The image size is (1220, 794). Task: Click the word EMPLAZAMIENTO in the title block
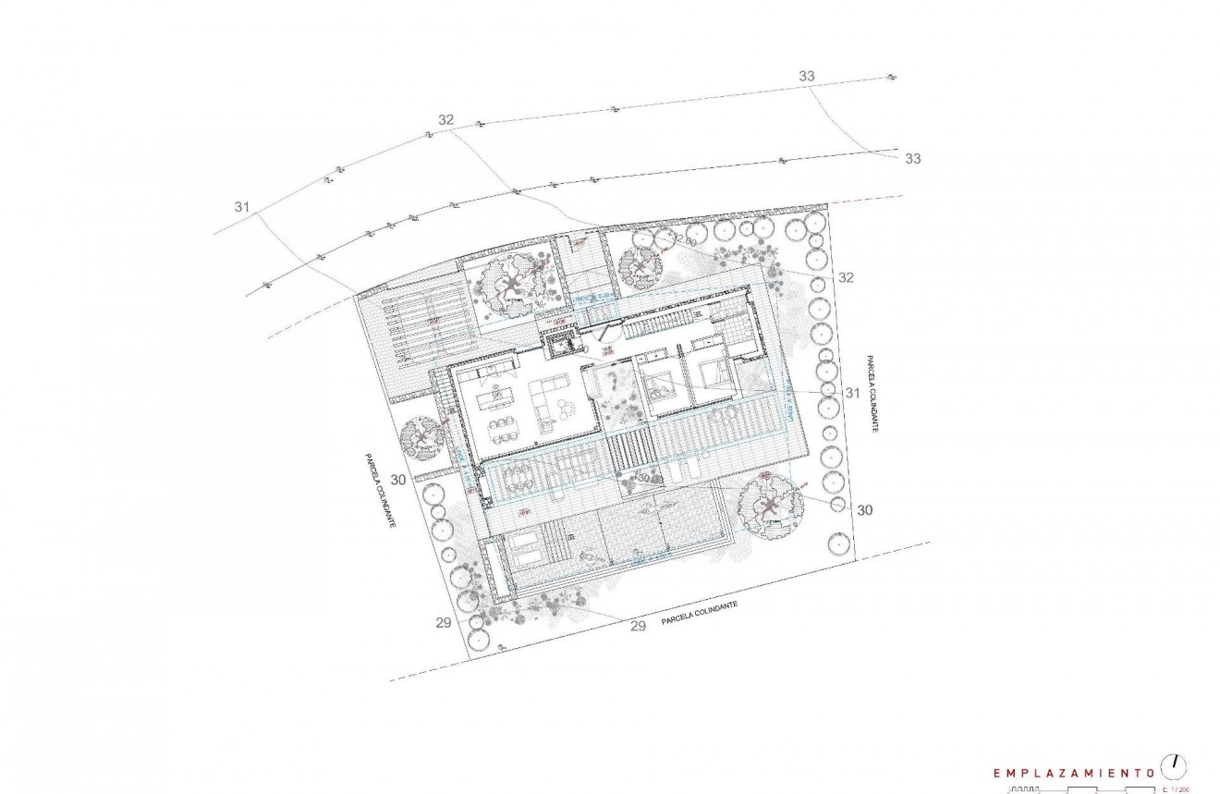pos(1072,772)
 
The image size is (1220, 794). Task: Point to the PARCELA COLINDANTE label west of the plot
pos(378,490)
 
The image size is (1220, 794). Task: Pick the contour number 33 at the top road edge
pos(807,76)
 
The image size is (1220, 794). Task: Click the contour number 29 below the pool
pos(637,627)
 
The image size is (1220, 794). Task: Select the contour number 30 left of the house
pos(399,480)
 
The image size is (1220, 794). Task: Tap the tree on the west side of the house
pos(422,435)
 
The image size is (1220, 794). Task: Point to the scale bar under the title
pos(1081,790)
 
